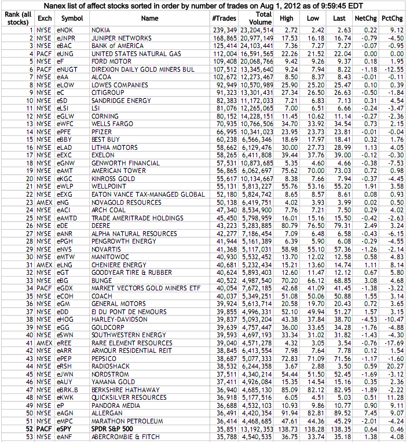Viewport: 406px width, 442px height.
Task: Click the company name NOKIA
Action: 102,30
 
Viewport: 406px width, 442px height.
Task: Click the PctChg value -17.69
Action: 393,342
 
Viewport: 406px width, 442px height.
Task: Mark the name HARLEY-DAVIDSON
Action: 119,319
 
